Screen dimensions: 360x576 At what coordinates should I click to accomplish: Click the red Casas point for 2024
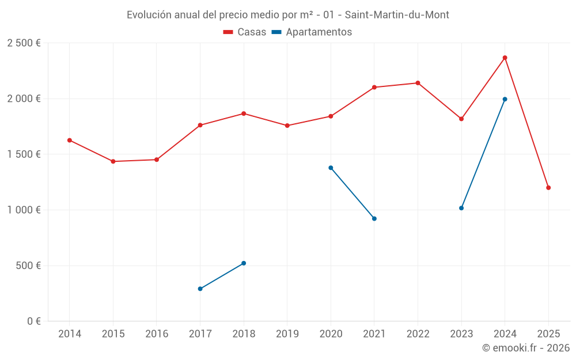[505, 58]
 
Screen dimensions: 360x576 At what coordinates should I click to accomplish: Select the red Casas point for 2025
[548, 188]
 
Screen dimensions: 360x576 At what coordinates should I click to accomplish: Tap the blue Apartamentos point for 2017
[200, 289]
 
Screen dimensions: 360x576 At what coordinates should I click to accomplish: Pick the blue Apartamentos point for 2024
[505, 99]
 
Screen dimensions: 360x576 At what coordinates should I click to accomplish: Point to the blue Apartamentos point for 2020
[331, 168]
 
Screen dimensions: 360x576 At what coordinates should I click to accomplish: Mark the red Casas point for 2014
[70, 140]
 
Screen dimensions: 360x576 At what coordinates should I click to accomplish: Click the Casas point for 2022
[418, 83]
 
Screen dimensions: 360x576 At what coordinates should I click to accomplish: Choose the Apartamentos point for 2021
[374, 218]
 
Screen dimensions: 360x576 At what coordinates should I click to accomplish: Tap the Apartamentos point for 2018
[244, 263]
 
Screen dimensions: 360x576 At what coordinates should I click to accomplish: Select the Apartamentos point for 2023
[461, 208]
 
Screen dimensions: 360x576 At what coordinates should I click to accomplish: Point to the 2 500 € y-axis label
[24, 43]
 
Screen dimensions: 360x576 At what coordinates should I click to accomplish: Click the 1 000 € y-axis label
[24, 210]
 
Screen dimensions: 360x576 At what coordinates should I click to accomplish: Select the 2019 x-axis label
[287, 334]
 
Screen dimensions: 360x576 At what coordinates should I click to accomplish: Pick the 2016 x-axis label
[157, 334]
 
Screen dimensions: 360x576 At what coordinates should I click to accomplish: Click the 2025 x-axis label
[548, 334]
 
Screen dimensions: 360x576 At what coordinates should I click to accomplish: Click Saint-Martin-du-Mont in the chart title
[397, 15]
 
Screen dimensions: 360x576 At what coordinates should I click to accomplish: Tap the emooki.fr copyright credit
[526, 348]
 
